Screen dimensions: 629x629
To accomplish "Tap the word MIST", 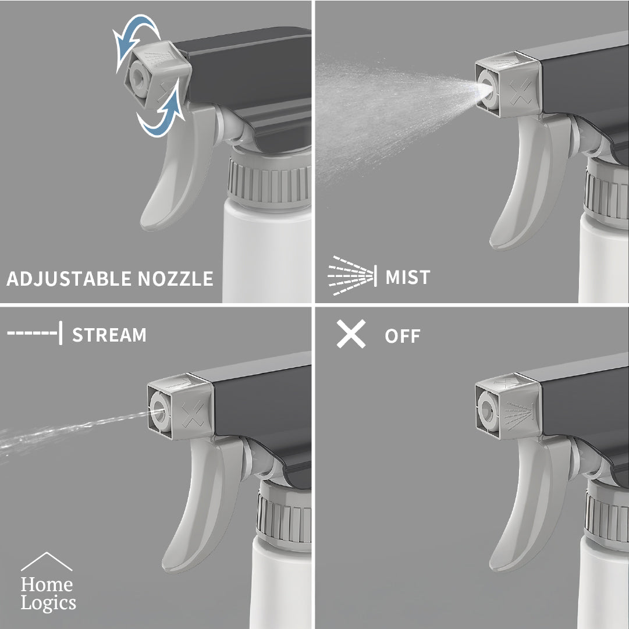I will (x=408, y=277).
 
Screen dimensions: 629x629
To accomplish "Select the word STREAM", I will (x=109, y=335).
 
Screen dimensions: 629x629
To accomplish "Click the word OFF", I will (x=402, y=336).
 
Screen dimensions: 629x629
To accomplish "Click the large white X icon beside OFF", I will (x=351, y=335).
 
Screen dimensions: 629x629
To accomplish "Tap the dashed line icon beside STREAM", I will (x=34, y=335).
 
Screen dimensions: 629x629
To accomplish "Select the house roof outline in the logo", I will (x=47, y=562).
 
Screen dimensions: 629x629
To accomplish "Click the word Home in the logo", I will (x=47, y=584).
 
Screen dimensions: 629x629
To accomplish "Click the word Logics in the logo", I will (x=48, y=603).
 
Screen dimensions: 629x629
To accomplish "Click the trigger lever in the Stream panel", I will (x=192, y=506).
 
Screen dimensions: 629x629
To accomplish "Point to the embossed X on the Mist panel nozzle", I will (x=519, y=91).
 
